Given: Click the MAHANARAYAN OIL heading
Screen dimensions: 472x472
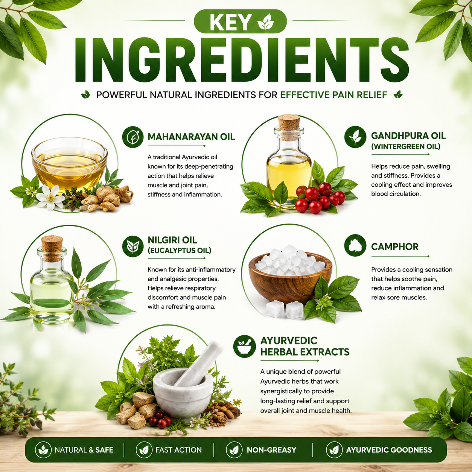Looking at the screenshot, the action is coord(191,137).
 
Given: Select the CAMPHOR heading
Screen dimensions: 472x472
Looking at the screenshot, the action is coord(394,247).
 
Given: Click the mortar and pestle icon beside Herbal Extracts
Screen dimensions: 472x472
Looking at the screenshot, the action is coord(244,346).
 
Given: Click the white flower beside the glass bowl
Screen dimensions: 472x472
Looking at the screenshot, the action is coord(50,198).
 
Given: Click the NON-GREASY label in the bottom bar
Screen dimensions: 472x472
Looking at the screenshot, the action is coord(271,450).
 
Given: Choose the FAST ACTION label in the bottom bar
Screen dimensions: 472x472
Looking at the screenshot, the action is coord(178,450).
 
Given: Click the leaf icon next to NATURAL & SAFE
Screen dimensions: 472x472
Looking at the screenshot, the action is coord(43,450).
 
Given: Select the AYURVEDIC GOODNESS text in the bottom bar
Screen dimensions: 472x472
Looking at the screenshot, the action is coord(389,450).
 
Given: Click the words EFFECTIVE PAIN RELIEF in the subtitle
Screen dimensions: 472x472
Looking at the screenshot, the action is coord(333,95).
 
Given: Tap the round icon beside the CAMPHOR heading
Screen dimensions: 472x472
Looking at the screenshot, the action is coord(355,245).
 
